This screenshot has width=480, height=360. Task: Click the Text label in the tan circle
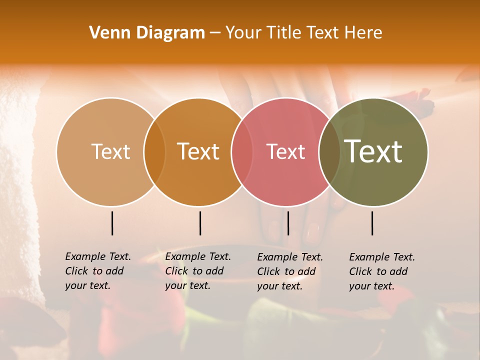[110, 151]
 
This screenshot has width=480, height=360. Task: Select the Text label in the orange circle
[198, 151]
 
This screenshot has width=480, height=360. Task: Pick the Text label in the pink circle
[286, 151]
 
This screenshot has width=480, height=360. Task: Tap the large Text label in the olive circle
[373, 151]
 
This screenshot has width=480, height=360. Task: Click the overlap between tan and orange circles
[154, 151]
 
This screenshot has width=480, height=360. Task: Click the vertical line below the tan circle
[112, 223]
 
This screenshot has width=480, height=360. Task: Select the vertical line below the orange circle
[200, 223]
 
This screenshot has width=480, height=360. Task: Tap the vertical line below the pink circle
[288, 223]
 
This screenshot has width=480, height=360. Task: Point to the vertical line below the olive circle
[372, 223]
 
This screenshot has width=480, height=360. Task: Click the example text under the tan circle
[98, 271]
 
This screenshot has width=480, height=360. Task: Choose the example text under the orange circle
[198, 271]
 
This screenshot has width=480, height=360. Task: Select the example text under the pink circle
[290, 271]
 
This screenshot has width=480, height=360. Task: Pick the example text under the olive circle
[382, 271]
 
